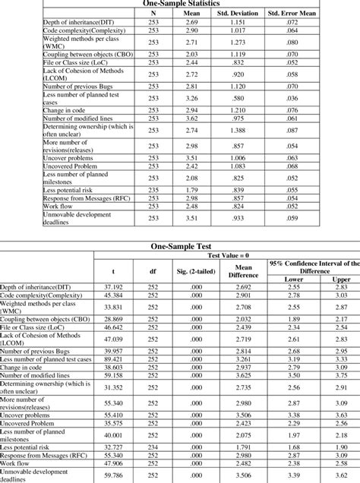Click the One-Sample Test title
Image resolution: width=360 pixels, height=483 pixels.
[180, 248]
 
